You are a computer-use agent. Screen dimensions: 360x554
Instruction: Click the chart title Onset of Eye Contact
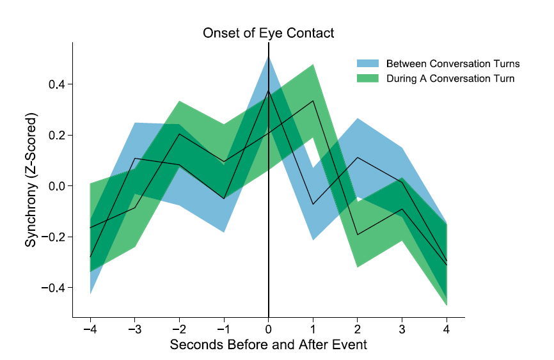point(268,33)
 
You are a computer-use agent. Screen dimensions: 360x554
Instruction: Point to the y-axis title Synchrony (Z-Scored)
point(31,180)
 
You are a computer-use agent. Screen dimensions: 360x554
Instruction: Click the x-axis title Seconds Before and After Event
point(268,345)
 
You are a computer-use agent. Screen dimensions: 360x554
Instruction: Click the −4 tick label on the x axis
point(90,330)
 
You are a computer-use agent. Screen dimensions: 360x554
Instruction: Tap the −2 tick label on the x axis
point(178,330)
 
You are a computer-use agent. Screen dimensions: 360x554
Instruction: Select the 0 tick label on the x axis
point(268,330)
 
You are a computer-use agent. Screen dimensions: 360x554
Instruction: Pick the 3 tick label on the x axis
point(402,330)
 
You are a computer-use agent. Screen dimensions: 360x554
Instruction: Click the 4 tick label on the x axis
point(447,330)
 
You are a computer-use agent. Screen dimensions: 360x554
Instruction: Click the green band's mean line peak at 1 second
point(313,100)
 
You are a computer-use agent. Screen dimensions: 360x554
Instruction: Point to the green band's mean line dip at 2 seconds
point(358,235)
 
